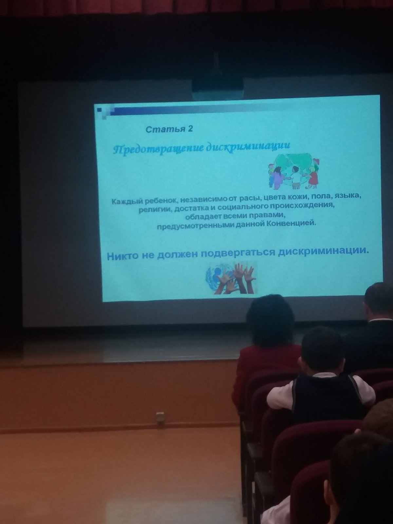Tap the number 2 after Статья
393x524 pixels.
190,129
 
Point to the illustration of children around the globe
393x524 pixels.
294,171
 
